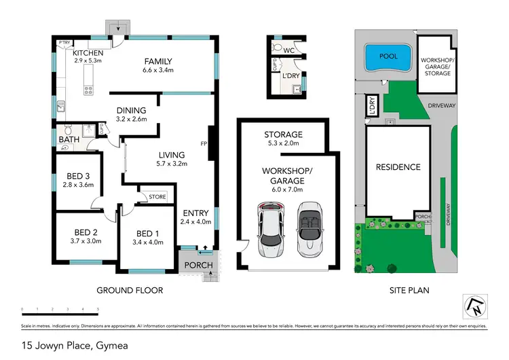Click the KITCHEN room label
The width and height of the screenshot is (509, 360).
click(90, 53)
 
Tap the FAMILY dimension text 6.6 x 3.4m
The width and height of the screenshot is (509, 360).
click(157, 70)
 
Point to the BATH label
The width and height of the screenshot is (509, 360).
click(69, 141)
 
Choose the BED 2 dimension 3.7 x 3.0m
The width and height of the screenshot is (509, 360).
click(86, 241)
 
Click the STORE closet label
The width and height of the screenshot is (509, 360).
click(157, 198)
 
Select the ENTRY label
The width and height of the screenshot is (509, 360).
click(195, 213)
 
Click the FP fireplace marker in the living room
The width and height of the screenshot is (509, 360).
click(204, 144)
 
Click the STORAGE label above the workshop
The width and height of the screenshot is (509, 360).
click(284, 134)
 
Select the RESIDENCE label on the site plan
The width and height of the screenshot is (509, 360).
click(398, 167)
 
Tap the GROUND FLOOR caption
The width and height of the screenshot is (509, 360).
click(130, 290)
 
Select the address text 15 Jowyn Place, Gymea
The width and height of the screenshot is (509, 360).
click(75, 346)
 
